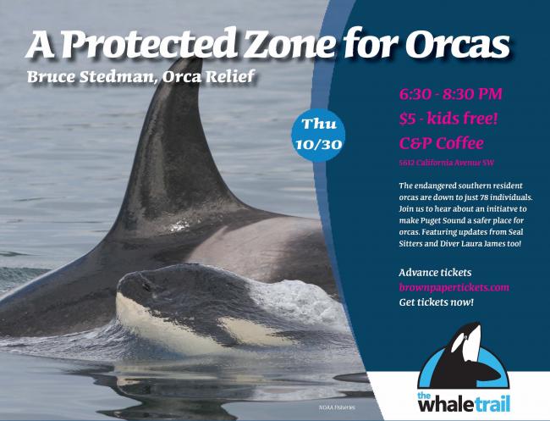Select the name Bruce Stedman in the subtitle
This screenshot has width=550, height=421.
[x=91, y=77]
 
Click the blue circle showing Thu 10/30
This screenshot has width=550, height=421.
[x=318, y=135]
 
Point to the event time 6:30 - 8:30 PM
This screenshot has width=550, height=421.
[x=450, y=94]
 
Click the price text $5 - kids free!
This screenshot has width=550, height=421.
[x=448, y=119]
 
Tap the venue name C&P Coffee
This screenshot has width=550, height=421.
[x=441, y=143]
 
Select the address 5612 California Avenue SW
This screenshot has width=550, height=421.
[x=447, y=163]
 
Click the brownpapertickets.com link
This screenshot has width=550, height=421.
[x=454, y=288]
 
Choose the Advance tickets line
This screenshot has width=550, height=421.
[x=435, y=273]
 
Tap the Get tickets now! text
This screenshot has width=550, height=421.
[x=437, y=302]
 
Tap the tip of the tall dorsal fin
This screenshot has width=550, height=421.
[x=197, y=59]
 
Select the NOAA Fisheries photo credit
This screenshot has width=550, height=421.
[x=337, y=407]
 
